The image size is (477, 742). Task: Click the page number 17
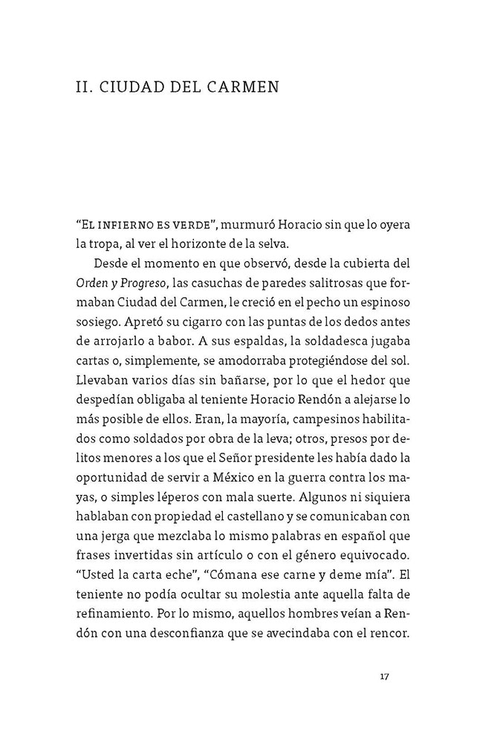point(384,676)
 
